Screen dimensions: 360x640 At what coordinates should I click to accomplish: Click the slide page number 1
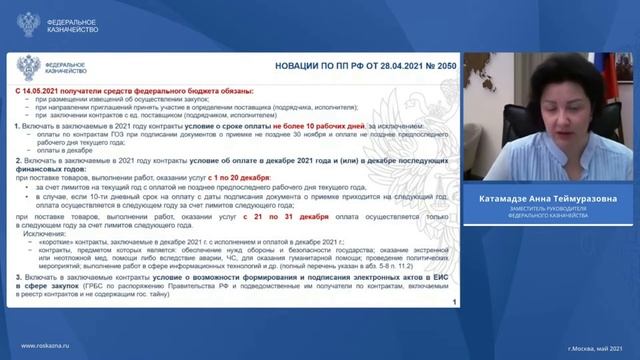tap(455, 301)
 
